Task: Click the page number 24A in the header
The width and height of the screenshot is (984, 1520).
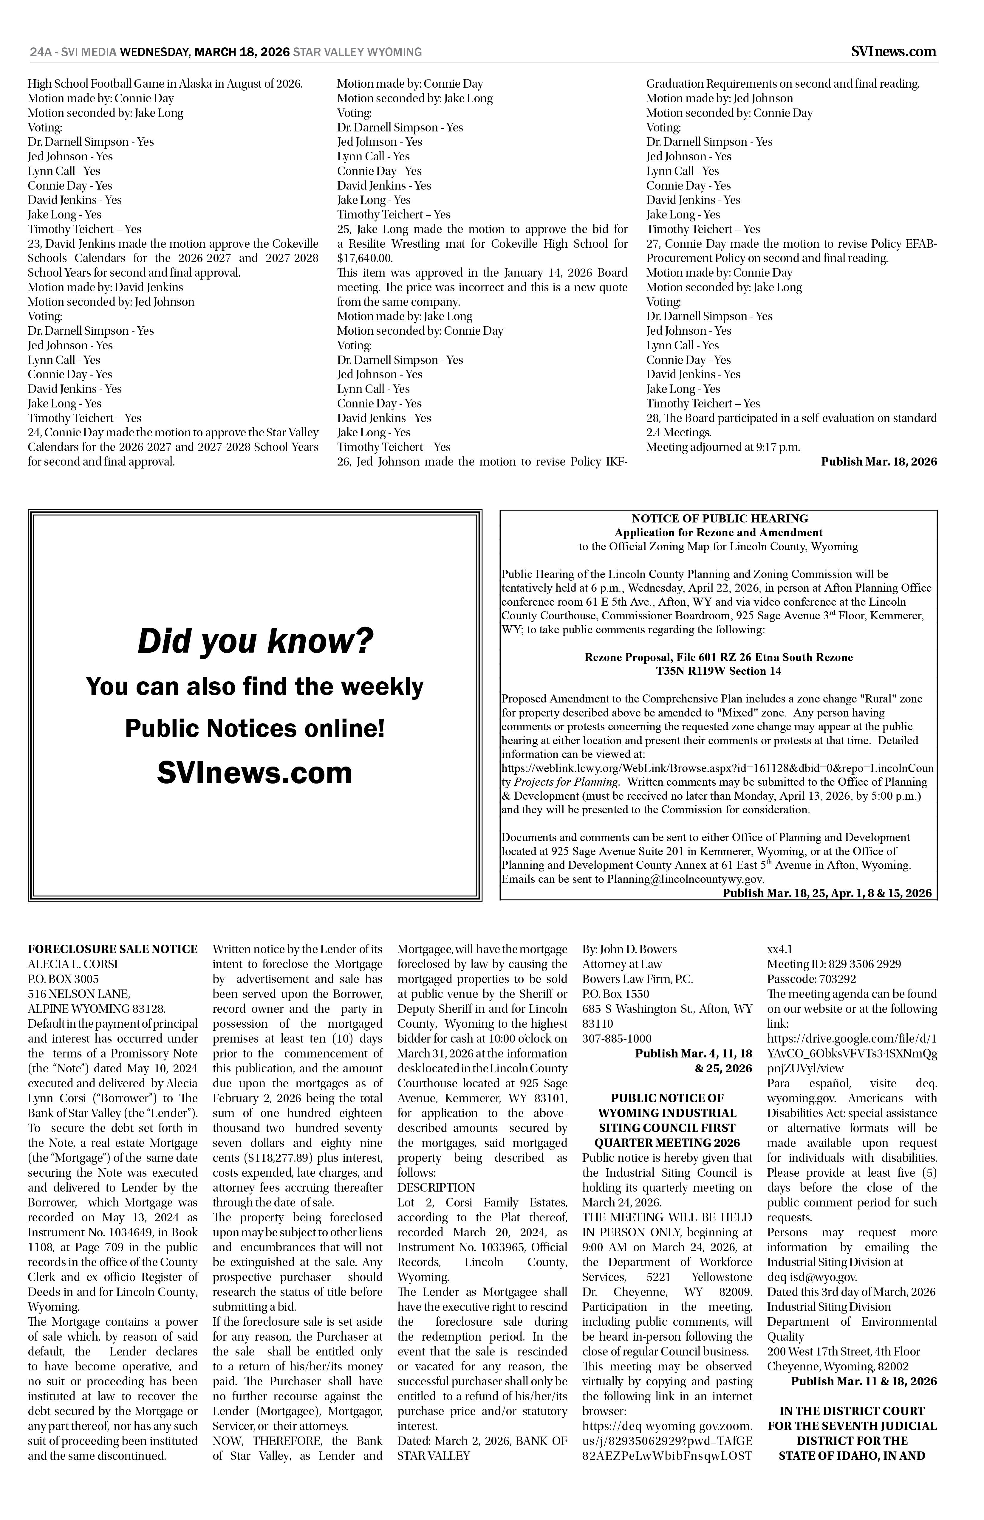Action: point(40,52)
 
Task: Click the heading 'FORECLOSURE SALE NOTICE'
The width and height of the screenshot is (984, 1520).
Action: point(112,950)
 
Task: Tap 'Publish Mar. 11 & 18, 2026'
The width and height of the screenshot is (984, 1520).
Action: point(864,1381)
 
